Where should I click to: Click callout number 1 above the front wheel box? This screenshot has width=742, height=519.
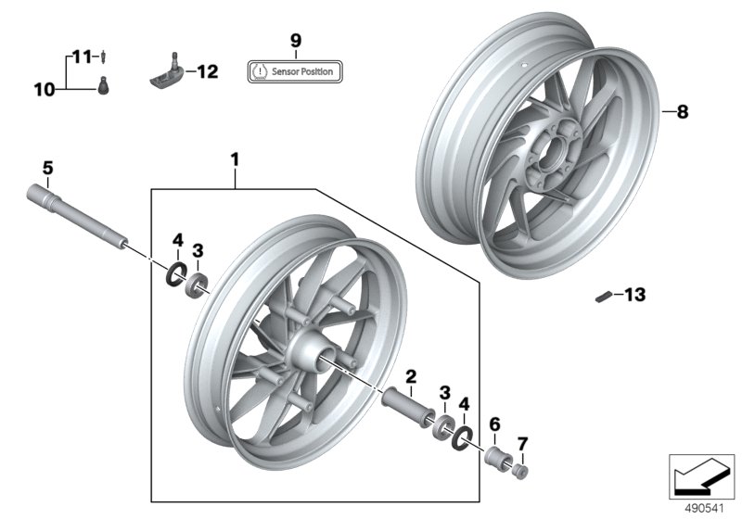[235, 160]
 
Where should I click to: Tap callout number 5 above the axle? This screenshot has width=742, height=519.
[48, 168]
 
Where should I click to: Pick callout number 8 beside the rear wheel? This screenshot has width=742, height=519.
[682, 112]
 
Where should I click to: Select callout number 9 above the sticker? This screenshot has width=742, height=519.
[296, 40]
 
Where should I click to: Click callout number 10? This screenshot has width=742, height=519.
[45, 90]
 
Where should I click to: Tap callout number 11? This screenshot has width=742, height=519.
[82, 57]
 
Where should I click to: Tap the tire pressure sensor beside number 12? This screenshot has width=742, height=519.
[168, 73]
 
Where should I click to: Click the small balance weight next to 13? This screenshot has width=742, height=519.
[603, 297]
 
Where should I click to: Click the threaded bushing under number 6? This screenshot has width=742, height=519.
[496, 458]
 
